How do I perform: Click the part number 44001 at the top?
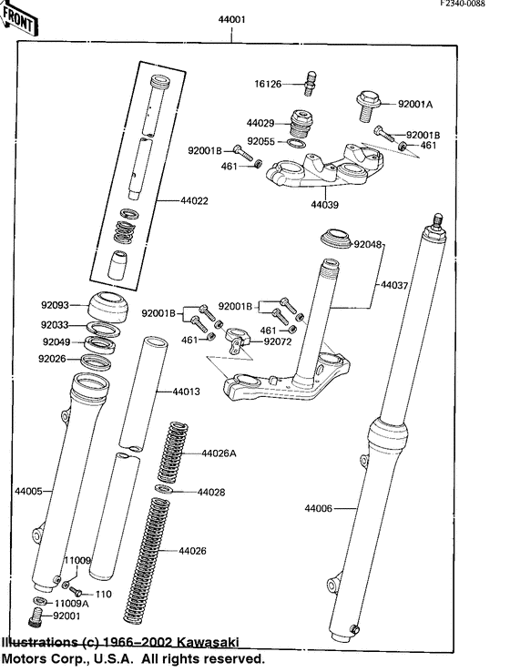(231, 18)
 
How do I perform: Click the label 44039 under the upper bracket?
(325, 205)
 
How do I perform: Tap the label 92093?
(55, 307)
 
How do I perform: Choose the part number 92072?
(279, 342)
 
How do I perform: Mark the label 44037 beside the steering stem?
(395, 285)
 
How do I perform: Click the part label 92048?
(369, 244)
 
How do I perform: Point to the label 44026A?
(219, 453)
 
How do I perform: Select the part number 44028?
(212, 492)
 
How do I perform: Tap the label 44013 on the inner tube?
(186, 392)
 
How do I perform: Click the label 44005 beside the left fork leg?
(28, 491)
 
